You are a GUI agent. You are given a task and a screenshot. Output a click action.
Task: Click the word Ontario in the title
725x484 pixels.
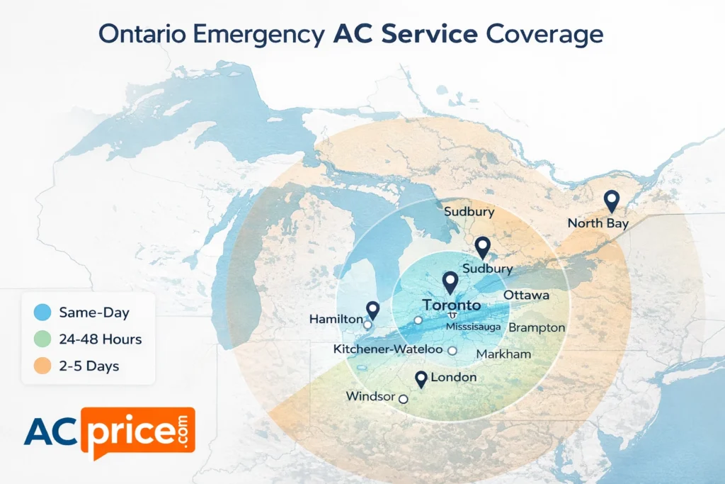point(142,35)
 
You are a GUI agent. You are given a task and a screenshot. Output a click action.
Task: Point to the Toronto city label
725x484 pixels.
point(451,305)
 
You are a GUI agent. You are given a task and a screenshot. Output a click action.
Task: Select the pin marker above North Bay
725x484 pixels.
point(611,200)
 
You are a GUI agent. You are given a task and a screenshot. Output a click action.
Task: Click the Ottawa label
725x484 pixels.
point(526,295)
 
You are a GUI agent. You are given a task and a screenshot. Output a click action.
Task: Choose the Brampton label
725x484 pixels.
point(537,327)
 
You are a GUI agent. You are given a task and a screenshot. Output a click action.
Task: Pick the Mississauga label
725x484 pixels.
point(474,327)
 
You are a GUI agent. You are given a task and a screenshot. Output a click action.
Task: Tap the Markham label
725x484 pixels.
point(503,354)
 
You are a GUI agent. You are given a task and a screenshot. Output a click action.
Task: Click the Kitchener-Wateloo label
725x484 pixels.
point(387,349)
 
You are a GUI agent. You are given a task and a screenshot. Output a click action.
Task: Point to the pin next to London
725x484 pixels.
point(422,379)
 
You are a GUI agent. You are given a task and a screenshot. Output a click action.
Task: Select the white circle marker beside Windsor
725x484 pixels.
point(404,399)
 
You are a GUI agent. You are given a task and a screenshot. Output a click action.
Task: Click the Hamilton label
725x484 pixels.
point(336,320)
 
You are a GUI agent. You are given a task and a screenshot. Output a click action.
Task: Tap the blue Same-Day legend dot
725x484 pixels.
point(42,313)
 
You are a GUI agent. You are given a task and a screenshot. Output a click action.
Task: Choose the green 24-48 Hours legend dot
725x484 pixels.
point(42,339)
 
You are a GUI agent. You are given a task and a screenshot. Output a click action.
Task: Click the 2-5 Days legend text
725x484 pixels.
point(89,366)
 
